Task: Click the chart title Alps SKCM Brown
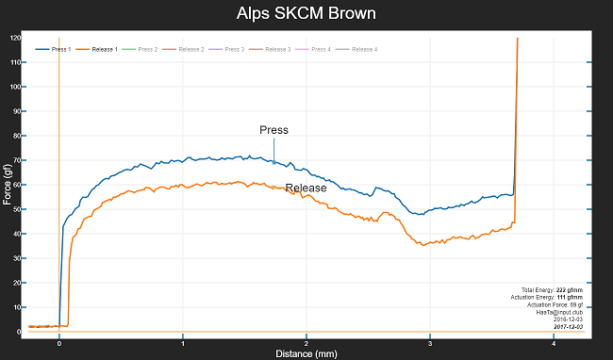tap(306, 15)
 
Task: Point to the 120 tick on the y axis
tap(15, 38)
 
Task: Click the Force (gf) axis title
tap(8, 184)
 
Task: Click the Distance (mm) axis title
tap(306, 354)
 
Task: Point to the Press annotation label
tap(273, 130)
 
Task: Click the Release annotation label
tap(306, 188)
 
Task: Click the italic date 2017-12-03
tap(567, 327)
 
